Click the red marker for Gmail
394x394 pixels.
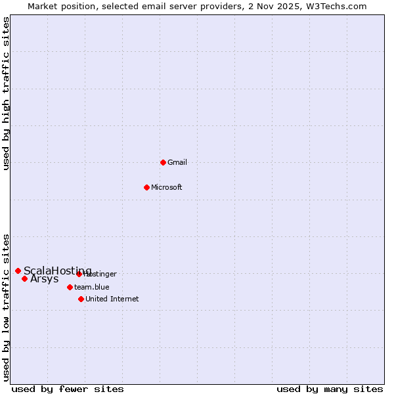click(164, 162)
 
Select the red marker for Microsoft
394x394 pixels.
click(147, 187)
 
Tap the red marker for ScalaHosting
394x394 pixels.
click(18, 271)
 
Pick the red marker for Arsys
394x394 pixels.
click(25, 278)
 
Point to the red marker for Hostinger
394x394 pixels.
click(79, 274)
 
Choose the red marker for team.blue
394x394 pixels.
click(70, 287)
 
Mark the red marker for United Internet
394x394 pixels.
click(81, 299)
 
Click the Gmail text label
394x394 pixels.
click(177, 162)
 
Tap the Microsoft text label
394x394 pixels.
click(167, 187)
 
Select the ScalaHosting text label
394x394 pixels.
click(58, 271)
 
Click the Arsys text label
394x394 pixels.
click(45, 279)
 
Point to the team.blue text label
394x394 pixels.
click(92, 287)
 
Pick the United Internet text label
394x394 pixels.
click(112, 299)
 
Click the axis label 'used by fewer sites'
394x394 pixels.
click(68, 389)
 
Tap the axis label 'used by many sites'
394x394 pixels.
click(330, 389)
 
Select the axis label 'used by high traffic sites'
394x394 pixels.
click(7, 93)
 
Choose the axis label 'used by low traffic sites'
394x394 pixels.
click(7, 307)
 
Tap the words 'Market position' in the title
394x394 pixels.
click(57, 7)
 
